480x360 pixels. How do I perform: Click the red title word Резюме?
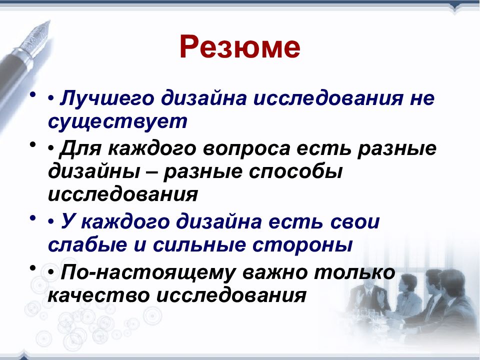pyautogui.click(x=239, y=46)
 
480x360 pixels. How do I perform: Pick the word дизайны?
pyautogui.click(x=94, y=171)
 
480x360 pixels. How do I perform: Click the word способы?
pyautogui.click(x=295, y=171)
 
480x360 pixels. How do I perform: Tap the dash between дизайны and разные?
pyautogui.click(x=152, y=173)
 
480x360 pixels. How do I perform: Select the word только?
pyautogui.click(x=355, y=272)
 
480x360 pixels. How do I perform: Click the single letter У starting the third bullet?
pyautogui.click(x=68, y=221)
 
